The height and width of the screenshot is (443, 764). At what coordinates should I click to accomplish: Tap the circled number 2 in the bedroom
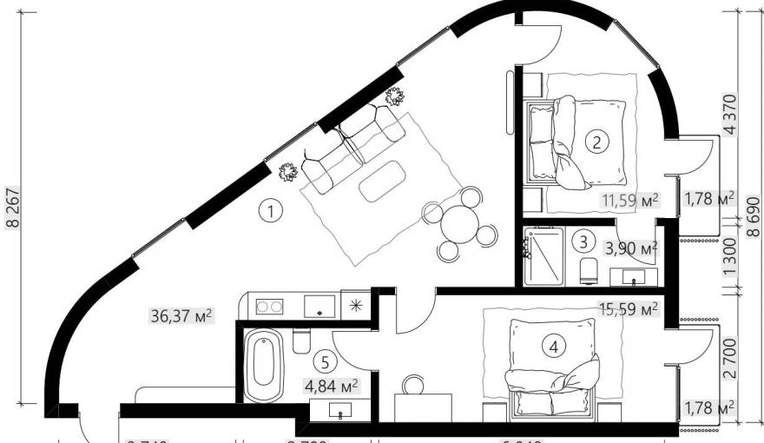pyautogui.click(x=596, y=142)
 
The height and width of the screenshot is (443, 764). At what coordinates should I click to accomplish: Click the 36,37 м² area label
pyautogui.click(x=180, y=314)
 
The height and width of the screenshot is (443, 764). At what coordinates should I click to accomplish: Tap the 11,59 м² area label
pyautogui.click(x=629, y=202)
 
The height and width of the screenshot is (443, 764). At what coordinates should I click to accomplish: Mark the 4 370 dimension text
pyautogui.click(x=730, y=114)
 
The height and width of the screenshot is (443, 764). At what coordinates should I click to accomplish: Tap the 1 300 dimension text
pyautogui.click(x=730, y=256)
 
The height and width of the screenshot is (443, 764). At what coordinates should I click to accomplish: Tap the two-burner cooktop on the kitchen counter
pyautogui.click(x=269, y=306)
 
